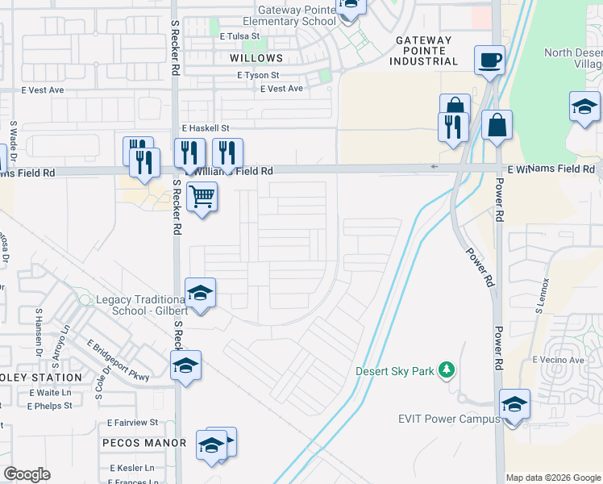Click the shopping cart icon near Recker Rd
[x=202, y=195]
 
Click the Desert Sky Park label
[x=394, y=372]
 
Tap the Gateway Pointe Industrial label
[x=423, y=50]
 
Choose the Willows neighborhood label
[x=256, y=58]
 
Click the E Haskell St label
[x=206, y=128]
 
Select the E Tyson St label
[x=259, y=75]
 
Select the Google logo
[x=27, y=474]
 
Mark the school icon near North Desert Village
[x=584, y=106]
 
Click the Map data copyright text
[x=553, y=478]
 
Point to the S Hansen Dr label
[x=38, y=332]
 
